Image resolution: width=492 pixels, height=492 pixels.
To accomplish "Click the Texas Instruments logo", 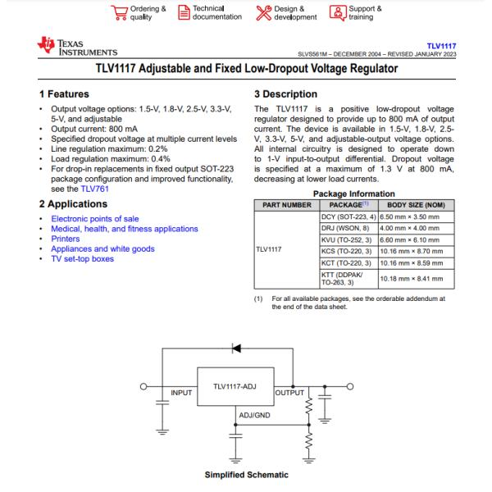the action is click(x=77, y=47).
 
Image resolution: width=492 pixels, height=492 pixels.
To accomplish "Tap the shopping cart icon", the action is click(x=119, y=13).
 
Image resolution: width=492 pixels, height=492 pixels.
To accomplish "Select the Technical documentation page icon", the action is click(x=184, y=12).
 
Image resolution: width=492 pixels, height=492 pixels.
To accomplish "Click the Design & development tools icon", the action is click(x=263, y=13).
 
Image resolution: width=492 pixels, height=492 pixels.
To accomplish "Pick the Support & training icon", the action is click(x=338, y=13).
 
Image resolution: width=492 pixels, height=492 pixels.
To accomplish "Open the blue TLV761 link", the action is click(x=95, y=189).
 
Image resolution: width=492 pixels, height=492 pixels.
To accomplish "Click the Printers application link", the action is click(x=66, y=239).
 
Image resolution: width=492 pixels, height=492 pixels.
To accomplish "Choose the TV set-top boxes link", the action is click(x=83, y=259).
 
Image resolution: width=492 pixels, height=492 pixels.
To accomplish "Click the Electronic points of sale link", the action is click(x=95, y=219).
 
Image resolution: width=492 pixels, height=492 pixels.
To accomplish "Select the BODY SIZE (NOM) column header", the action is click(x=416, y=205).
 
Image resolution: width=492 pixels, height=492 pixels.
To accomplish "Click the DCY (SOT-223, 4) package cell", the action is click(x=348, y=216).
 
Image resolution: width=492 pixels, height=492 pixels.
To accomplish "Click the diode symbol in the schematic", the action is click(x=236, y=348).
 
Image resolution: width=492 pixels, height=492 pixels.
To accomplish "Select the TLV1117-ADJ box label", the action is click(x=235, y=386).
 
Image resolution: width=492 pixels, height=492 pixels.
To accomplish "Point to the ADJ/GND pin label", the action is click(x=254, y=416).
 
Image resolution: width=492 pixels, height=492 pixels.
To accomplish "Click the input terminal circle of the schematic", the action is click(x=143, y=386).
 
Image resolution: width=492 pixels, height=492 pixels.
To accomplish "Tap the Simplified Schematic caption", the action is click(x=247, y=475).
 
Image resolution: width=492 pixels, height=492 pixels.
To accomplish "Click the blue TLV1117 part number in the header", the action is click(x=441, y=46).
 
